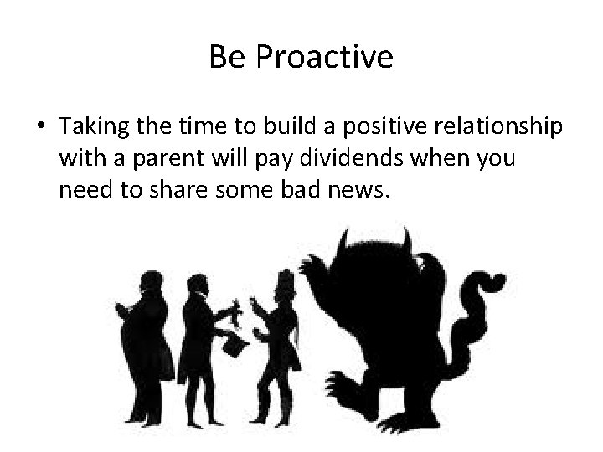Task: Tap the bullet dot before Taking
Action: tap(41, 127)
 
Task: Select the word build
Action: tap(286, 127)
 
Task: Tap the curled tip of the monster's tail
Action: tap(494, 280)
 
